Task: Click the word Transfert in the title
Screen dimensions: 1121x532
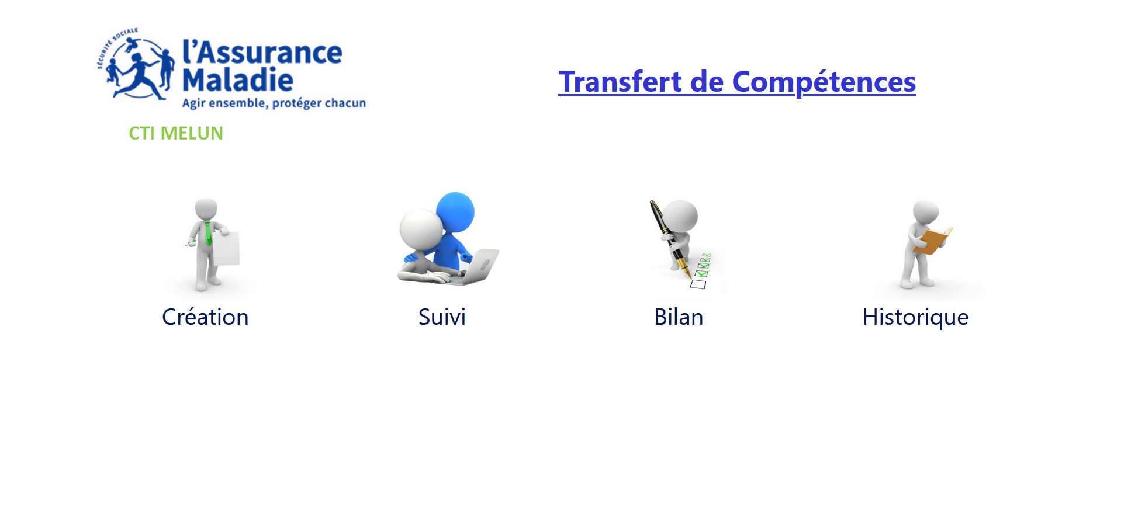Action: pyautogui.click(x=620, y=81)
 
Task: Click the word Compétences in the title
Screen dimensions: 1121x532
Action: pyautogui.click(x=824, y=82)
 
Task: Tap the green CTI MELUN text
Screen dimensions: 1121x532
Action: pyautogui.click(x=176, y=133)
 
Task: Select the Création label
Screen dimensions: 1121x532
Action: pyautogui.click(x=205, y=317)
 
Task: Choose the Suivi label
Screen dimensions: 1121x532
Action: pyautogui.click(x=442, y=317)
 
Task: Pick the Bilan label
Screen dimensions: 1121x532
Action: pyautogui.click(x=679, y=317)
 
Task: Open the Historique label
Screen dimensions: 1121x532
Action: pyautogui.click(x=915, y=318)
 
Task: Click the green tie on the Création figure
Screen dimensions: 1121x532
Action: pyautogui.click(x=208, y=233)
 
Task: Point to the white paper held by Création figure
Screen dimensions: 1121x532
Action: pyautogui.click(x=226, y=249)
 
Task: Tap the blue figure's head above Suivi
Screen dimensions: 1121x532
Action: pyautogui.click(x=455, y=212)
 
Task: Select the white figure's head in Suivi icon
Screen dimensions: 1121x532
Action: pyautogui.click(x=421, y=230)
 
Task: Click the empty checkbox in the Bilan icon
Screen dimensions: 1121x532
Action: pyautogui.click(x=698, y=284)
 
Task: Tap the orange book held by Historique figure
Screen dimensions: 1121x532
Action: pyautogui.click(x=933, y=241)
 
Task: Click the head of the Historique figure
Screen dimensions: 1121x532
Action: pyautogui.click(x=926, y=211)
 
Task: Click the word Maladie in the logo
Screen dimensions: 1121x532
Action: pyautogui.click(x=238, y=79)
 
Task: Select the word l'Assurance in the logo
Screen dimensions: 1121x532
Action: pyautogui.click(x=262, y=52)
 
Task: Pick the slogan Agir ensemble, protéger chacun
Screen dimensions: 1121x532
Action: pyautogui.click(x=274, y=103)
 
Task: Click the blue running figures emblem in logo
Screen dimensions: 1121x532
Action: pyautogui.click(x=137, y=64)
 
